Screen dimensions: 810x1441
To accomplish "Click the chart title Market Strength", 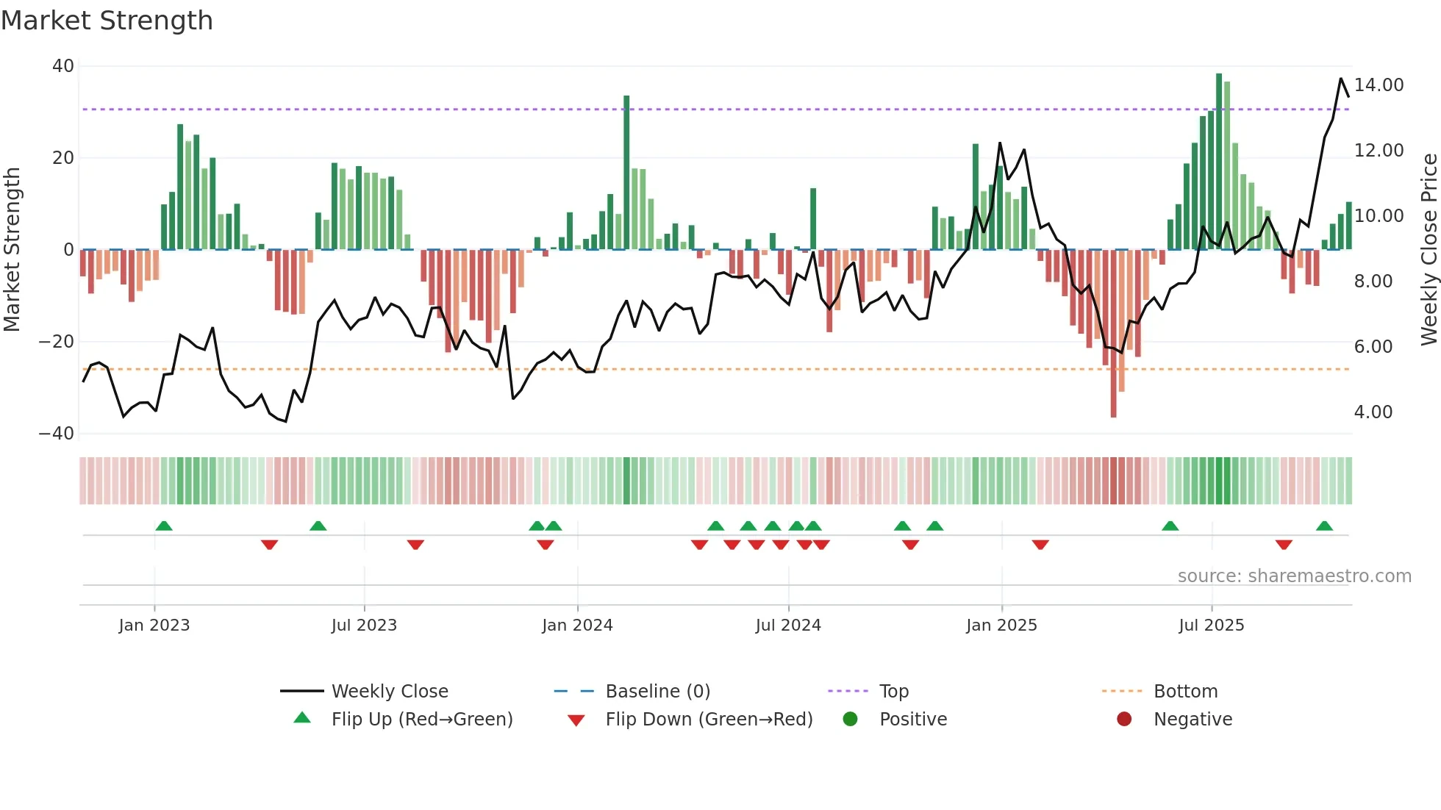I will (107, 21).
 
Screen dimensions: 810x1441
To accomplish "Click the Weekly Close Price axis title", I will (1429, 250).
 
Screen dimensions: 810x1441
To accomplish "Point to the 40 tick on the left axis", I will (63, 66).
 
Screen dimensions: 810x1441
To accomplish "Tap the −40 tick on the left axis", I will (57, 434).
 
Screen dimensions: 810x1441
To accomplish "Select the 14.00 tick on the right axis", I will (1379, 85).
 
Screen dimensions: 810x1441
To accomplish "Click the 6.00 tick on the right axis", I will (1373, 347).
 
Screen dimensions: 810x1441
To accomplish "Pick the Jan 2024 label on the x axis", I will (577, 626).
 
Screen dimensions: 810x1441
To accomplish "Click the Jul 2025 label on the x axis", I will (1211, 626).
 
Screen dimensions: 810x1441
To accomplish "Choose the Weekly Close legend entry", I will (389, 692).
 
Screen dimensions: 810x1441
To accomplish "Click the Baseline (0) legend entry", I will (657, 692).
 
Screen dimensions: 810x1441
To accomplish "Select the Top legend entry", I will (893, 692).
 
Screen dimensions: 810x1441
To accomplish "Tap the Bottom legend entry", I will (1185, 692).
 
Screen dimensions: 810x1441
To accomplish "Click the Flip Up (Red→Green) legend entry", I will (421, 720).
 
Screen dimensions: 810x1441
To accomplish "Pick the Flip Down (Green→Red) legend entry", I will (709, 720).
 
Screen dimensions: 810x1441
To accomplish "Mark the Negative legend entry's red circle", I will (1124, 720).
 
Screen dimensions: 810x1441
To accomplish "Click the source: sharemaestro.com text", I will (1294, 576).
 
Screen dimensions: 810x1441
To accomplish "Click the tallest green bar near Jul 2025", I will (1219, 162).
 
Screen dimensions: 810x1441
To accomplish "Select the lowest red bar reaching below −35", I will (1113, 334).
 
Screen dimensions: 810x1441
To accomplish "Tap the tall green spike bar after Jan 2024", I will (626, 173).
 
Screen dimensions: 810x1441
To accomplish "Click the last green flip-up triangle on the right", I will (1324, 526).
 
